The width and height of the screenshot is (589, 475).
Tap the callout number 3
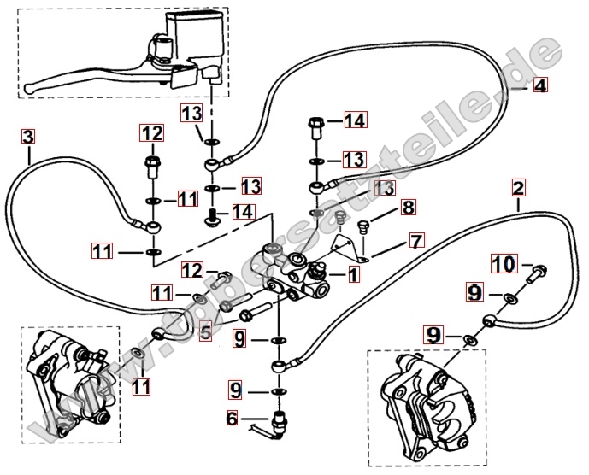(x=29, y=137)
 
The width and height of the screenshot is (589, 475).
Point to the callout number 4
(x=539, y=85)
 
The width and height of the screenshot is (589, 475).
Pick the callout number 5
(x=205, y=331)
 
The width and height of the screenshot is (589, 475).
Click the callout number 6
(x=232, y=418)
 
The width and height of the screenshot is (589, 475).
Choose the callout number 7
(x=415, y=241)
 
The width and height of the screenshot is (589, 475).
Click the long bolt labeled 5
(x=253, y=307)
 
